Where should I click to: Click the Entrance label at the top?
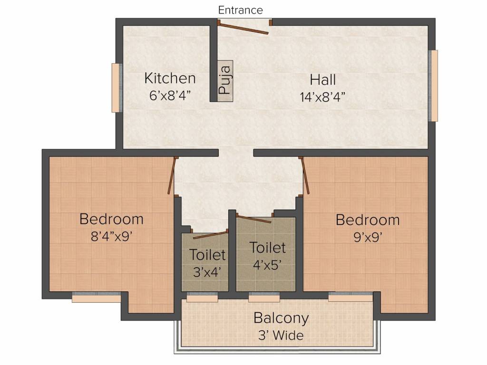pos(240,10)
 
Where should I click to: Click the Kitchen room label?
pos(170,78)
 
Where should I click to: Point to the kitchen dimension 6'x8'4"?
pos(170,95)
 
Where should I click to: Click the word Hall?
pos(322,79)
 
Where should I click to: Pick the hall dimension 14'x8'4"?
pos(322,97)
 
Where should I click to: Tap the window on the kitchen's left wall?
pos(116,88)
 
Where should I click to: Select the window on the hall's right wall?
pos(433,86)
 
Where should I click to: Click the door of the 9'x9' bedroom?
pos(305,176)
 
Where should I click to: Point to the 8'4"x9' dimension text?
pos(111,236)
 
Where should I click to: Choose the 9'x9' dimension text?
pos(367,237)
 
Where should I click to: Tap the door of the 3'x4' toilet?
pos(210,234)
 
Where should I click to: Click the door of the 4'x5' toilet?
pos(254,219)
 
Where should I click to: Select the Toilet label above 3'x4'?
pos(207,255)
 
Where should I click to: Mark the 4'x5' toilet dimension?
pos(268,265)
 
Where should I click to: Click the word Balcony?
pos(281,317)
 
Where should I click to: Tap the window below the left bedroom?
pos(97,298)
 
